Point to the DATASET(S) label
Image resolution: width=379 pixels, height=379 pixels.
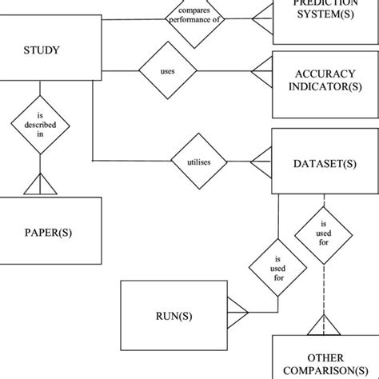(x=325, y=164)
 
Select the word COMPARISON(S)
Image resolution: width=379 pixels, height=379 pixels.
(x=325, y=371)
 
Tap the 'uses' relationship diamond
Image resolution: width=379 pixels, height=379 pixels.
(x=168, y=70)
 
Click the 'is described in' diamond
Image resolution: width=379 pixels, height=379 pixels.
(x=39, y=125)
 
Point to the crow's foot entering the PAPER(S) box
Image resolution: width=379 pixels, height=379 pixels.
(x=39, y=187)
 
